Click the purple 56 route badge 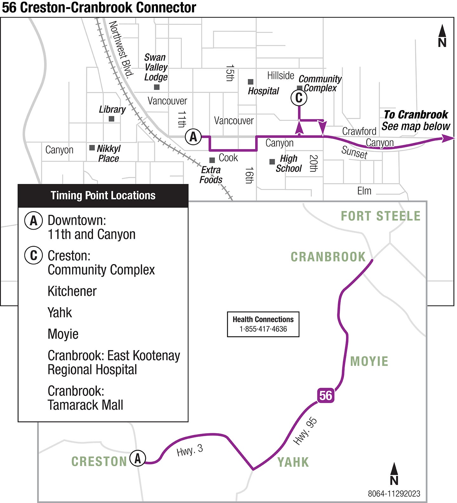tap(325, 395)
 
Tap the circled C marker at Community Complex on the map tap(299, 98)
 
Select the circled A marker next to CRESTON tap(138, 458)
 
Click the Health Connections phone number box tap(263, 324)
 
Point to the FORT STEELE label tap(381, 216)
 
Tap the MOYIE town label tap(369, 361)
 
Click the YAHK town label tap(293, 462)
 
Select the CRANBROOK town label tap(328, 257)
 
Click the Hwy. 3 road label tap(189, 450)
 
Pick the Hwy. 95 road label tap(305, 431)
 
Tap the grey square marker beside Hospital tap(250, 82)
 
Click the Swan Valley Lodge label tap(156, 67)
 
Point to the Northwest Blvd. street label tap(121, 49)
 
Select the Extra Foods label tap(211, 175)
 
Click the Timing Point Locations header tap(103, 195)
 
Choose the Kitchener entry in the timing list tap(72, 291)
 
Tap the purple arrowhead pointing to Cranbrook tap(448, 138)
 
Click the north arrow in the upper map tap(442, 36)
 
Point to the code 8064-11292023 tap(394, 493)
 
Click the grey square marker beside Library tap(111, 119)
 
